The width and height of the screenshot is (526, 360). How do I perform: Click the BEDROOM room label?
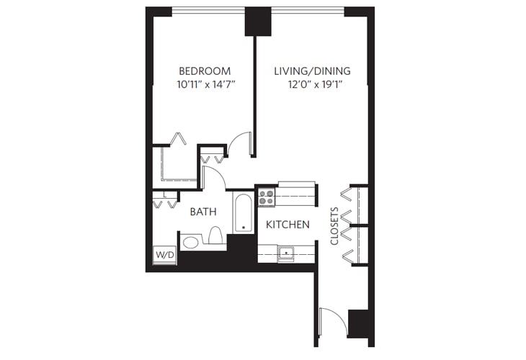[205, 71]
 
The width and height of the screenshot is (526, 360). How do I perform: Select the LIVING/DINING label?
[312, 71]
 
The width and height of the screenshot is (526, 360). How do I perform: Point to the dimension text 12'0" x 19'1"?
[312, 84]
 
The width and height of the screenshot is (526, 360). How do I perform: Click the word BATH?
[203, 212]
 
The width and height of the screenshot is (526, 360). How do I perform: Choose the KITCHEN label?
[287, 225]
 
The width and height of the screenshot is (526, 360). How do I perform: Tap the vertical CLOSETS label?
[334, 227]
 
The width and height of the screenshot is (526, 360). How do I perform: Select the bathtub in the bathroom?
[244, 212]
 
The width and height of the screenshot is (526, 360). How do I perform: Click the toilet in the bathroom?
[215, 235]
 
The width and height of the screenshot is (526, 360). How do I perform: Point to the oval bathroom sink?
[190, 242]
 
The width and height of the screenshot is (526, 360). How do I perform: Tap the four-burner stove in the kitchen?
[267, 197]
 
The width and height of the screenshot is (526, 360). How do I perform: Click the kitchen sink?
[286, 253]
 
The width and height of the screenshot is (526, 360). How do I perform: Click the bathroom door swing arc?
[215, 177]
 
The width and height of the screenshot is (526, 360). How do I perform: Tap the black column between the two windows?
[257, 21]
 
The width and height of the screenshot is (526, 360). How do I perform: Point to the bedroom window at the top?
[208, 10]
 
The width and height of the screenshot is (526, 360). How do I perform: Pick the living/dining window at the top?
[307, 10]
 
